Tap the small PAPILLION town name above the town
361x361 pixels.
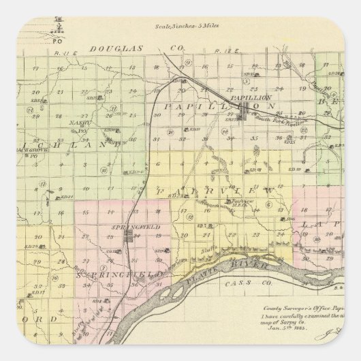tap(247, 98)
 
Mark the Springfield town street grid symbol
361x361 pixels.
tap(128, 238)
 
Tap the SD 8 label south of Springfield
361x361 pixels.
tap(97, 300)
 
